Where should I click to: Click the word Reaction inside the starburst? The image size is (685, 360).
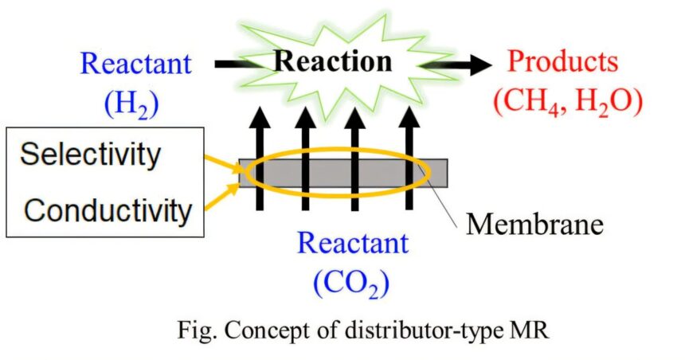click(334, 61)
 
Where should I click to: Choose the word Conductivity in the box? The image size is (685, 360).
click(108, 210)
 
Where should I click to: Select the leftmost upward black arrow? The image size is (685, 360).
click(258, 159)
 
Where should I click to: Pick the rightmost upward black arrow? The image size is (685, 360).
click(408, 159)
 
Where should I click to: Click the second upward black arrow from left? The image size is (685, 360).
click(305, 159)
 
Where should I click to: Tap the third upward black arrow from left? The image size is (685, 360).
click(355, 159)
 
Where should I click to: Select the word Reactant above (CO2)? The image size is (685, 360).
click(354, 242)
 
